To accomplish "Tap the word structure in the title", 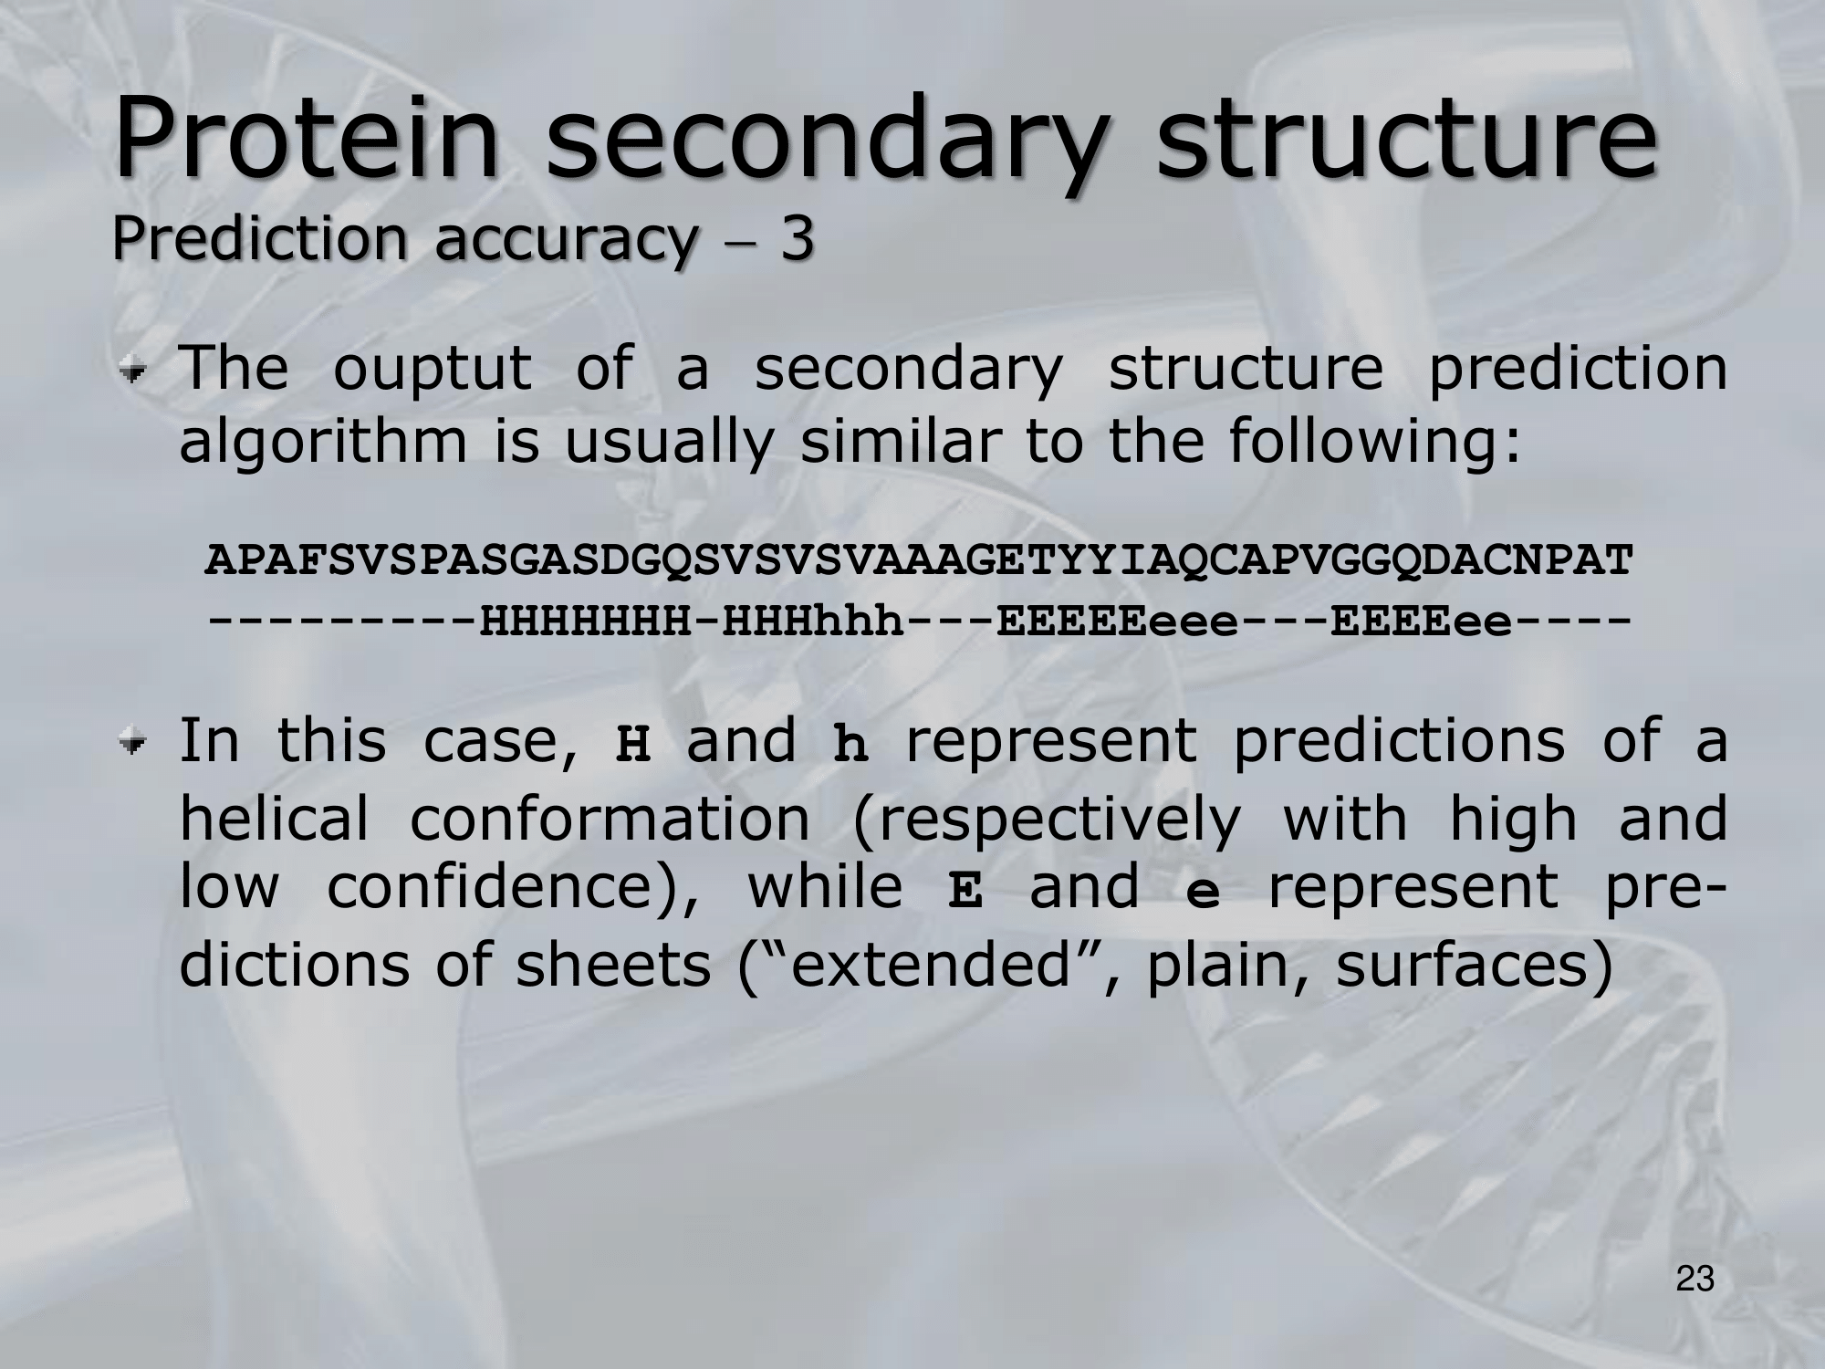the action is (x=1406, y=138).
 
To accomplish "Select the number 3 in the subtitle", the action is (x=796, y=239).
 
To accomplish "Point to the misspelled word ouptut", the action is (x=433, y=371).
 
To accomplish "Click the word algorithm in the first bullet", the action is (x=322, y=443).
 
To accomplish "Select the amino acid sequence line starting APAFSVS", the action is (x=919, y=560).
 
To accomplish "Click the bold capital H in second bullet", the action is (x=633, y=744).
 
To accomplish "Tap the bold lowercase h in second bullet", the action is (x=850, y=744).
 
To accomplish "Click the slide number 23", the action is (x=1695, y=1280).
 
